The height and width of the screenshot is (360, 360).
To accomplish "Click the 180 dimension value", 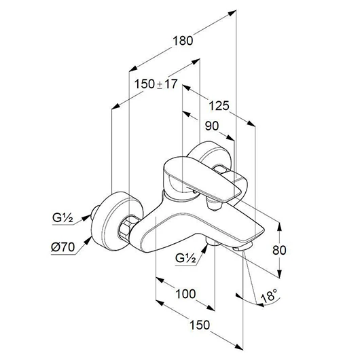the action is pyautogui.click(x=183, y=41).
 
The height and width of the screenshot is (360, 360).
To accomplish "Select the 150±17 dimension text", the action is pyautogui.click(x=156, y=84).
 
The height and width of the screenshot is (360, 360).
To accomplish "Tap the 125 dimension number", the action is pyautogui.click(x=219, y=106).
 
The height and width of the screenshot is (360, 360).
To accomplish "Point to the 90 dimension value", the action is pyautogui.click(x=212, y=126).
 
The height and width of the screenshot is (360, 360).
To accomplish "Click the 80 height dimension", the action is pyautogui.click(x=279, y=250).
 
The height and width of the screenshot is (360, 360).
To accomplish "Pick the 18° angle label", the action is pyautogui.click(x=269, y=295).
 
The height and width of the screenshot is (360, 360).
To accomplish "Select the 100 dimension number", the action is pyautogui.click(x=185, y=293).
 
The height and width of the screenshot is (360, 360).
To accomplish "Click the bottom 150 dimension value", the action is pyautogui.click(x=200, y=325).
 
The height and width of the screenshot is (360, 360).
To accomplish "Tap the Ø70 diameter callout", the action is pyautogui.click(x=63, y=247).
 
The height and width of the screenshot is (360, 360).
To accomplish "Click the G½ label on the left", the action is pyautogui.click(x=62, y=217).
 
